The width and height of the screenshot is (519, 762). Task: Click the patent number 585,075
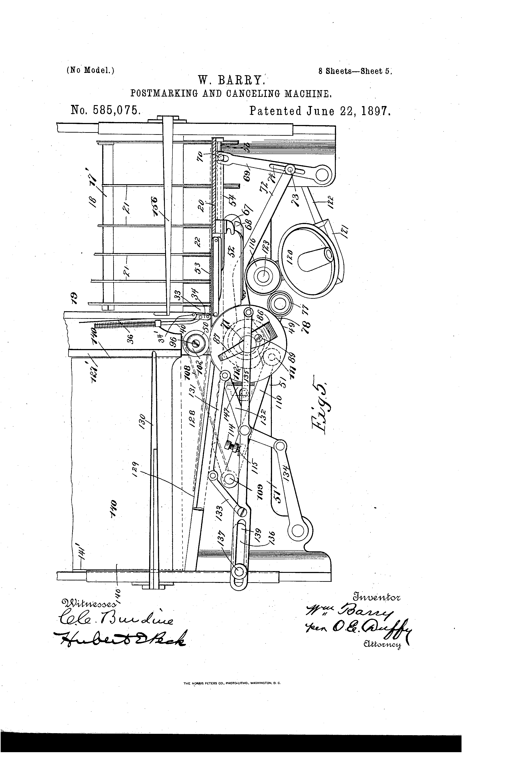click(x=106, y=110)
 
